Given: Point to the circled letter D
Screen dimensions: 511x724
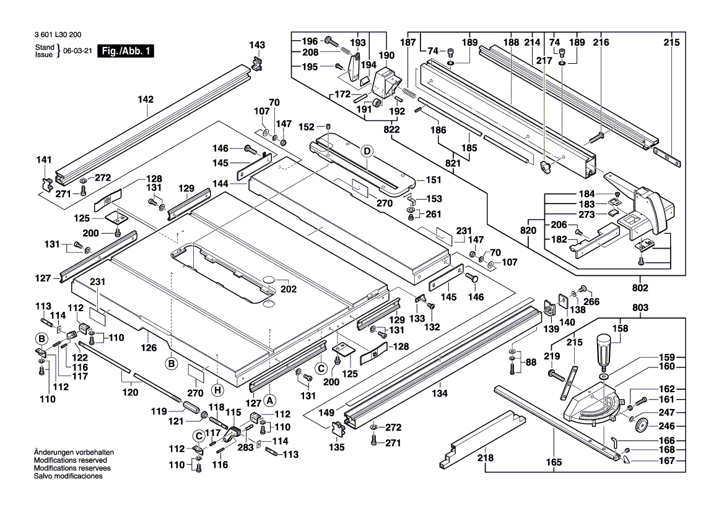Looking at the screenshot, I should click(x=367, y=151).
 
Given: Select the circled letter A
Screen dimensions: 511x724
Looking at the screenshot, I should click(x=269, y=391).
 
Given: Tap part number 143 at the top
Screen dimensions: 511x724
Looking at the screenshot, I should click(x=257, y=45).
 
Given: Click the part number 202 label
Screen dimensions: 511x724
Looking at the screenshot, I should click(x=289, y=289).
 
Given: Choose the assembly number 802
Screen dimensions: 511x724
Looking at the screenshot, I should click(x=640, y=288).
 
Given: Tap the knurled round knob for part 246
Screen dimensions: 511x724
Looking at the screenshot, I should click(x=640, y=426).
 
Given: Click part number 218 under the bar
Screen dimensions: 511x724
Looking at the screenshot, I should click(x=486, y=458).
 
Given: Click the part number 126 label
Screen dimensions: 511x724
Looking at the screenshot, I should click(x=149, y=348).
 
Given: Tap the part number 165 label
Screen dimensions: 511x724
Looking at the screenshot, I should click(x=554, y=462).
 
